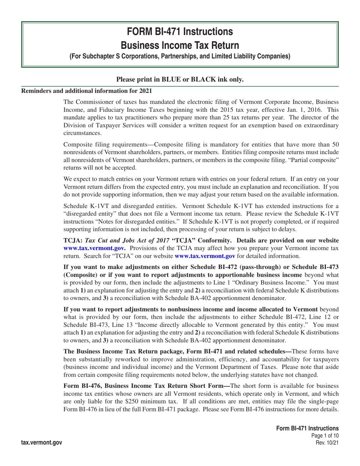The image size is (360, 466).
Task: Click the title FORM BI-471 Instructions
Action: pyautogui.click(x=180, y=31)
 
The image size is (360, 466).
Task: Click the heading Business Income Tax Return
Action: pyautogui.click(x=180, y=45)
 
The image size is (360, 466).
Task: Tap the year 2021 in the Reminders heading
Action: pyautogui.click(x=145, y=91)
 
